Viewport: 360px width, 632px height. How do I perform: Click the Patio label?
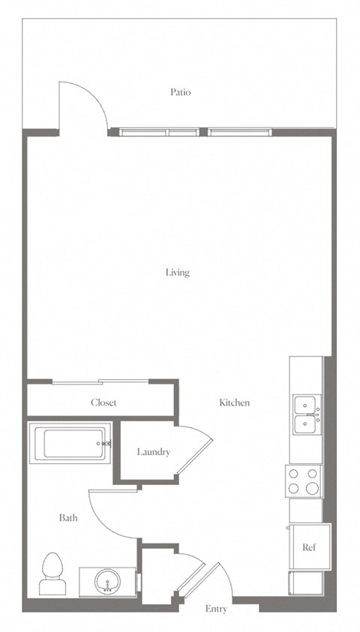click(180, 92)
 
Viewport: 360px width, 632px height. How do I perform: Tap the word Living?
click(178, 273)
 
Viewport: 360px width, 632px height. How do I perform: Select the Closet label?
click(103, 403)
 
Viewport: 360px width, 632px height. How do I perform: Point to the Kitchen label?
click(234, 403)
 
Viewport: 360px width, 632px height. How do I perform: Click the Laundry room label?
click(154, 452)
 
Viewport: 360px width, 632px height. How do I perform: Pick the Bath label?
click(68, 517)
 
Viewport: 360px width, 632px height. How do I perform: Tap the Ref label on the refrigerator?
click(309, 547)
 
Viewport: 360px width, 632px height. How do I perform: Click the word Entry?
click(216, 609)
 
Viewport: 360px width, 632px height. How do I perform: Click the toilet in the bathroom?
click(52, 574)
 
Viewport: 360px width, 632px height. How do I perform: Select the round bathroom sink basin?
click(108, 581)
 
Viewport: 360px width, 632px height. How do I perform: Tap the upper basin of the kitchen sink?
click(307, 404)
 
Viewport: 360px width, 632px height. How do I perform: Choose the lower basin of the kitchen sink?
click(307, 425)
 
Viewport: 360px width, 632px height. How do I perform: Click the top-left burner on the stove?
click(294, 474)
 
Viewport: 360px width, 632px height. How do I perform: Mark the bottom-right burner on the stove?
click(313, 489)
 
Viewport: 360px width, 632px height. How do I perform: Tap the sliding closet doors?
click(100, 382)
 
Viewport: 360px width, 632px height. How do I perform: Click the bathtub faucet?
click(106, 443)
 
